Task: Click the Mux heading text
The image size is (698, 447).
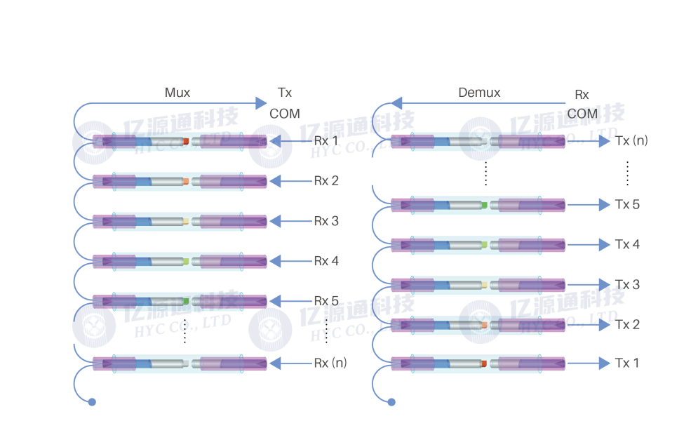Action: pos(177,93)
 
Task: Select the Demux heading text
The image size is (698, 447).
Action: pos(479,93)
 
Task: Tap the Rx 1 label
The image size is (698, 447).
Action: pos(326,141)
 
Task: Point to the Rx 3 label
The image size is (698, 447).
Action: pos(326,221)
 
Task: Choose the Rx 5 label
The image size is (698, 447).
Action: pos(326,301)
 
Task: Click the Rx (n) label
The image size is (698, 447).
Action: pos(330,363)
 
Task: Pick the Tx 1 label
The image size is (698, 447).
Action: pos(627,363)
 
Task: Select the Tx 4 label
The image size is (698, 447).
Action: pos(627,244)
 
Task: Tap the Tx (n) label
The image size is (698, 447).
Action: pos(631,140)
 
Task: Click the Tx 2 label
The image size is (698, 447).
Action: pos(627,324)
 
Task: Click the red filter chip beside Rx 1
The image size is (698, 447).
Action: pos(186,142)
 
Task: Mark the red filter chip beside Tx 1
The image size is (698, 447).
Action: pos(484,363)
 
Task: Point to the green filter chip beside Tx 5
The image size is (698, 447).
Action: pos(485,204)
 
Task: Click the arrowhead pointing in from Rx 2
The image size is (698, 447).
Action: pos(276,181)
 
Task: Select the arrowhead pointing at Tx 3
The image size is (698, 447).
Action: pos(605,284)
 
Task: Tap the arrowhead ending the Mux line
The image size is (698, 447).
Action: pos(261,104)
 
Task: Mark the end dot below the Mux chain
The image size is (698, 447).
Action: pos(92,402)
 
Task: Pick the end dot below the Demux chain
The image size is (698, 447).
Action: pos(391,402)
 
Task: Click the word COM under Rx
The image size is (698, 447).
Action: pos(582,114)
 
